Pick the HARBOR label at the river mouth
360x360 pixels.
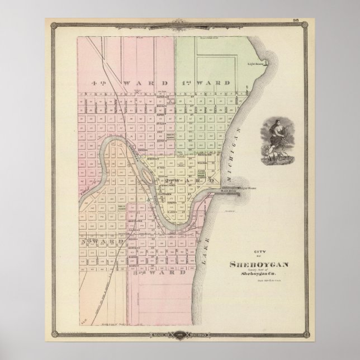[230, 191]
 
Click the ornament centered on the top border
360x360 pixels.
[180, 23]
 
